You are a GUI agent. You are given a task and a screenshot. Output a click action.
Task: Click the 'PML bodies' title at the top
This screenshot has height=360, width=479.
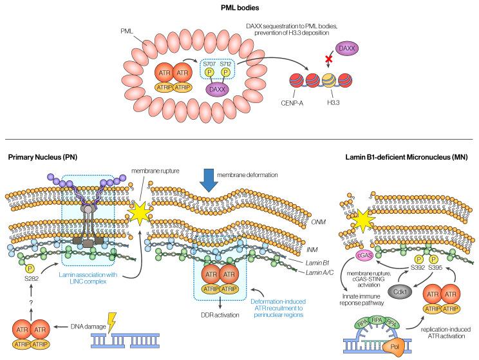pos(239,8)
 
